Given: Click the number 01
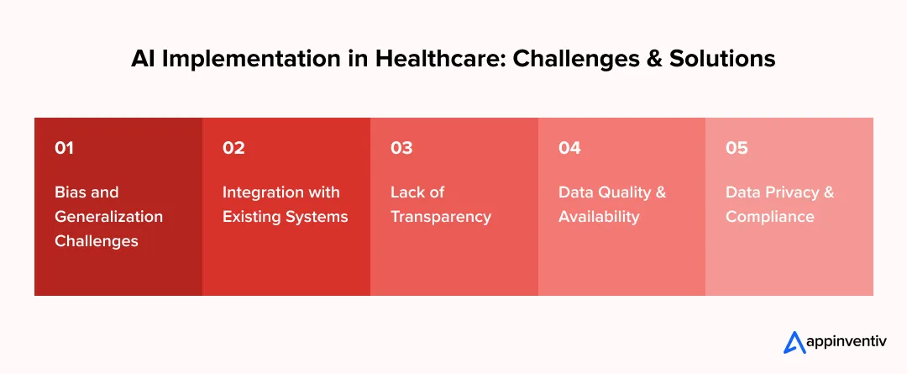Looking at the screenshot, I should pyautogui.click(x=64, y=148).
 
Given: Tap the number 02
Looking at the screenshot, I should pyautogui.click(x=233, y=148).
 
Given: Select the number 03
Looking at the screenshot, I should pyautogui.click(x=401, y=148).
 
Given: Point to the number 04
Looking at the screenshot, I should pyautogui.click(x=569, y=148).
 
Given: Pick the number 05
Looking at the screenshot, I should pyautogui.click(x=737, y=148).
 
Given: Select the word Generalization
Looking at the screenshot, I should pyautogui.click(x=109, y=216).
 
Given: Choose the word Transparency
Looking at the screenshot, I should pyautogui.click(x=441, y=216).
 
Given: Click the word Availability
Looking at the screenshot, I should pyautogui.click(x=599, y=216).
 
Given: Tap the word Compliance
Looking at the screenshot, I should pyautogui.click(x=770, y=216).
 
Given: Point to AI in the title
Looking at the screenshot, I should pyautogui.click(x=142, y=60).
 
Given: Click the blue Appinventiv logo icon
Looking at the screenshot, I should pyautogui.click(x=794, y=342).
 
